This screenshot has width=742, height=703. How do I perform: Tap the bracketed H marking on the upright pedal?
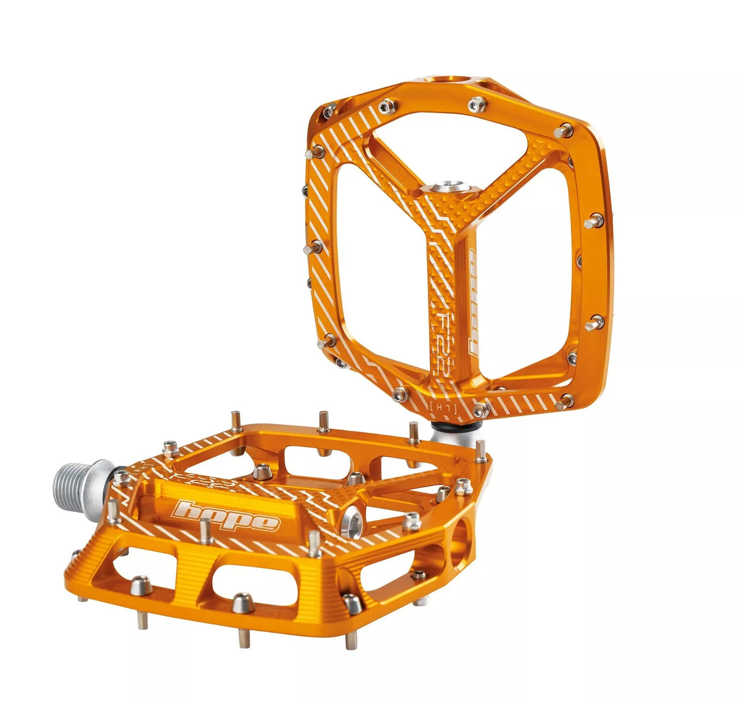438,405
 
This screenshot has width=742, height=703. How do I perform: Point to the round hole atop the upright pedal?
453,81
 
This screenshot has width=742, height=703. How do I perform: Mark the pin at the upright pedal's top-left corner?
328,111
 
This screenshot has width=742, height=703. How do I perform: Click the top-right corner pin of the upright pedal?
565,130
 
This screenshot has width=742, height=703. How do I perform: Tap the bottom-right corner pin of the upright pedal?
565,402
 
